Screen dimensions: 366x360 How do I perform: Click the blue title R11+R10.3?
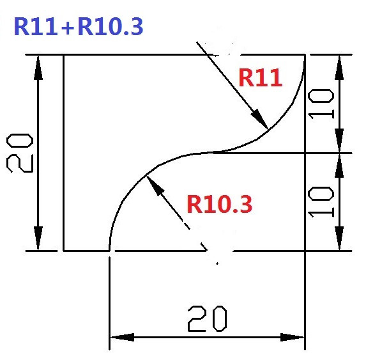79,27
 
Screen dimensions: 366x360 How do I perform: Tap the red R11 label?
260,78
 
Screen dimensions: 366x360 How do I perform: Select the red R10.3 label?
220,205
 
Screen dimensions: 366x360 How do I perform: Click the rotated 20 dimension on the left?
20,153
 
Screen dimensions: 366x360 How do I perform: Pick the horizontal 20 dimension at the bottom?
208,319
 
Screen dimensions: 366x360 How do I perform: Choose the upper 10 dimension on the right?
321,104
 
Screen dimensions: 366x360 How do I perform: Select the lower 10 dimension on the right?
321,202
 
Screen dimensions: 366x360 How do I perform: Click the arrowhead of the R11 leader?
259,119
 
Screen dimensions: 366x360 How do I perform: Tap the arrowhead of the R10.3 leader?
155,185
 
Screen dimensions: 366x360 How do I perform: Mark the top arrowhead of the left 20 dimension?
38,68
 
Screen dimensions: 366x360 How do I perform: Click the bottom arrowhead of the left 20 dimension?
38,238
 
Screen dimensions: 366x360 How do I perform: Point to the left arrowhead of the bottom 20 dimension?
122,338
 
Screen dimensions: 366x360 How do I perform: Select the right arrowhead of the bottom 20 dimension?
292,338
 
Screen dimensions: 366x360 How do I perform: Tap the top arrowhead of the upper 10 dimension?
339,68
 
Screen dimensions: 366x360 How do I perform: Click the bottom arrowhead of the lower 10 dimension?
339,238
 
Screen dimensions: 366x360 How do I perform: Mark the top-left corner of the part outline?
63,55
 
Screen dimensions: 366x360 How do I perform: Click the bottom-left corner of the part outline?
63,251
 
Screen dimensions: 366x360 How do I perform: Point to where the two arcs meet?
213,153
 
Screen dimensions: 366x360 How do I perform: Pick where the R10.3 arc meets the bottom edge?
109,251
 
